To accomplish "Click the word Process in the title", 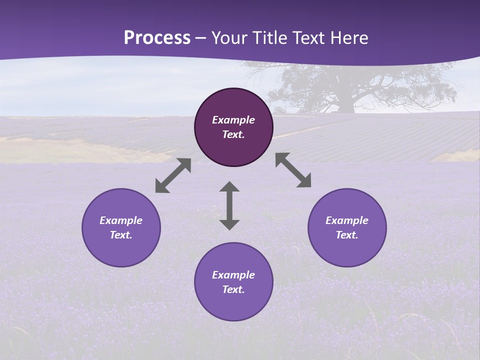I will pyautogui.click(x=157, y=38).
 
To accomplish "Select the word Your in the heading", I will pyautogui.click(x=228, y=38).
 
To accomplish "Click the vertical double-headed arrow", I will pyautogui.click(x=229, y=205).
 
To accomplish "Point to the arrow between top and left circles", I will pyautogui.click(x=173, y=175).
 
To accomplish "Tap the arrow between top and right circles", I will pyautogui.click(x=293, y=170).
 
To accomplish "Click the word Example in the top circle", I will pyautogui.click(x=233, y=120).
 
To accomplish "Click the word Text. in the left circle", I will pyautogui.click(x=121, y=235).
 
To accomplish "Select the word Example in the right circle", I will pyautogui.click(x=347, y=220).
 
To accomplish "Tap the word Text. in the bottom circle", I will pyautogui.click(x=233, y=289).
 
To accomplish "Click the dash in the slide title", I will pyautogui.click(x=201, y=38).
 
